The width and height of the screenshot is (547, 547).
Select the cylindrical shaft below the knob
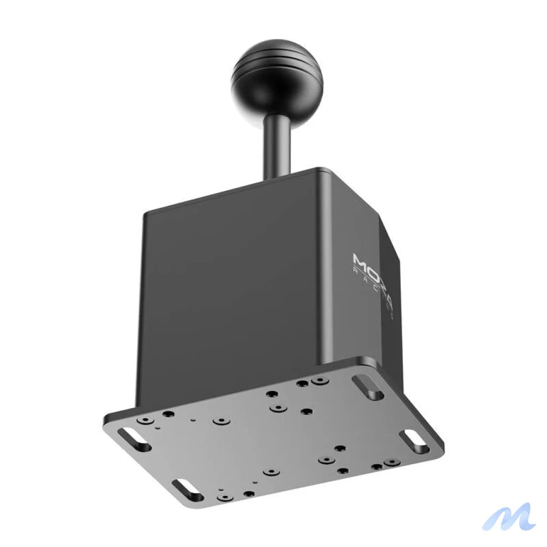point(277,144)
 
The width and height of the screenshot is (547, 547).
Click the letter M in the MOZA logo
point(361,262)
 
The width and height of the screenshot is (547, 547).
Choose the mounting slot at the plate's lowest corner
point(187,489)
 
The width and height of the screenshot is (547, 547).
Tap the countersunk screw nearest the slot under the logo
point(319,381)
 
